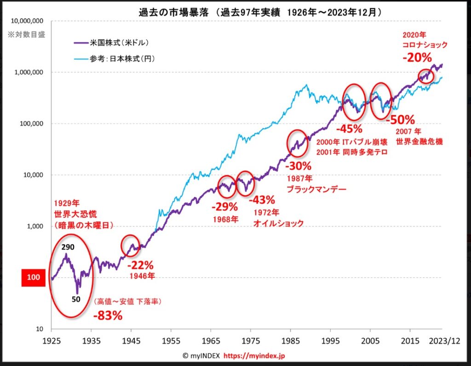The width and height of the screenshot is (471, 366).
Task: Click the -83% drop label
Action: point(108,316)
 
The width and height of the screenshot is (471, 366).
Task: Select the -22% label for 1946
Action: point(140,266)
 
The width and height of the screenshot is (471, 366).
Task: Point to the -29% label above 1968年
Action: point(225,207)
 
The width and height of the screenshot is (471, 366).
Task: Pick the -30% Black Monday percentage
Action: point(298,166)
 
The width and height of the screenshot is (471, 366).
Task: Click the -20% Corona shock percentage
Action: point(417,58)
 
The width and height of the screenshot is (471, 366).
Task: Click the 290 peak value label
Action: point(67,247)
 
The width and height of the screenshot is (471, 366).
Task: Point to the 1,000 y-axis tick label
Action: point(34,227)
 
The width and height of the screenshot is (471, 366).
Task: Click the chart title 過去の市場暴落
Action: point(170,11)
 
